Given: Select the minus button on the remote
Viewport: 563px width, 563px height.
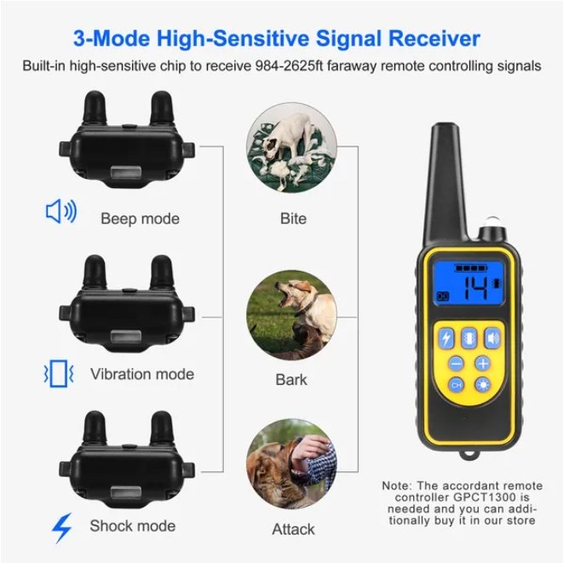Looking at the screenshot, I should click(456, 363).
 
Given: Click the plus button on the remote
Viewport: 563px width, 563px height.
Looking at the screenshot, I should click(483, 363).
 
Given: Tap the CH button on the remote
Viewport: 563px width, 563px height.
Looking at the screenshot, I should click(456, 386).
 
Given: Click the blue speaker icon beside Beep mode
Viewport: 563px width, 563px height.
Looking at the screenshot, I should click(60, 212).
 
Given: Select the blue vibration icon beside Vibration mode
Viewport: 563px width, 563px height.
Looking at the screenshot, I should click(58, 372).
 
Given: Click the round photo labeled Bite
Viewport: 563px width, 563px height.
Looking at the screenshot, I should click(292, 152).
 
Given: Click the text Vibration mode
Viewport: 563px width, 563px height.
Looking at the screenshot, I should click(142, 374).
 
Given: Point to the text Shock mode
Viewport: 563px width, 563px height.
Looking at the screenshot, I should click(133, 526).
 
